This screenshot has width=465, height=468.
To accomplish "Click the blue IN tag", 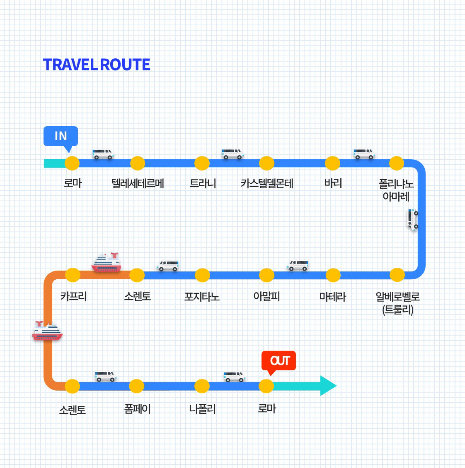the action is coord(61,136).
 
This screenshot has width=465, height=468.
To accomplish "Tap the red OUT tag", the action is coord(279,361).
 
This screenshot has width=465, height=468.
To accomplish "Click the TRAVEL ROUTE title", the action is coord(97,65).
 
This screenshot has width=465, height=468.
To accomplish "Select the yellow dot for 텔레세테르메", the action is coord(138,163).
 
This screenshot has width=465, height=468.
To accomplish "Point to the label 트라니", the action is coord(203,183).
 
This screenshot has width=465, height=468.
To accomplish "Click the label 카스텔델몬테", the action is coord(267,183).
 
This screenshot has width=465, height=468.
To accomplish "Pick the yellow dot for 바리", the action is coord(332,163).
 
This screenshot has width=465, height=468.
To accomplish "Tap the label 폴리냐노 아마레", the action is coord(396,190).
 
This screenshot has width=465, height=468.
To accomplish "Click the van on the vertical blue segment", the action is coord(413,219).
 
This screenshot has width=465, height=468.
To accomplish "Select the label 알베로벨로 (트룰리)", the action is coord(397,303).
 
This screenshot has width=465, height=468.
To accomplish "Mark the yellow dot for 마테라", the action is coord(333,275).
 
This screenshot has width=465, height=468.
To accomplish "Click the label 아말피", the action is coord(266,297).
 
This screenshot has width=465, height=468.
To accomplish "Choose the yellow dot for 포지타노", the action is coord(202,275).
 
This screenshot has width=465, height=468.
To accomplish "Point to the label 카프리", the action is coord(73,296).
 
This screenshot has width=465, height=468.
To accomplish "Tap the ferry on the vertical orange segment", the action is coord(47,331).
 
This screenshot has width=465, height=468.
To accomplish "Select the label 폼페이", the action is coord(137,409).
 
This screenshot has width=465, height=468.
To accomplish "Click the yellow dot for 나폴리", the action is coord(202,386).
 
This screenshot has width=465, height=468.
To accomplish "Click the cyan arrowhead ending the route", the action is coord(328,386).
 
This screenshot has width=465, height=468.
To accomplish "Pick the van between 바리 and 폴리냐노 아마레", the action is coord(364,154).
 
